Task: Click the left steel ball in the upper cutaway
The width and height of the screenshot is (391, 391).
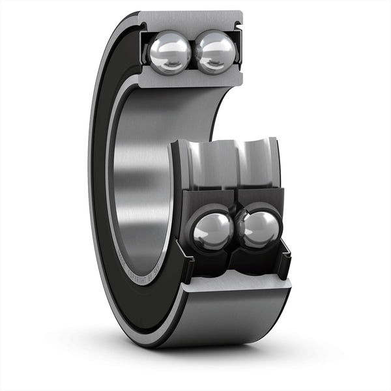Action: click(x=169, y=53)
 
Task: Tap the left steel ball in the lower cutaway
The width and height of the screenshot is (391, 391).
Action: click(x=212, y=231)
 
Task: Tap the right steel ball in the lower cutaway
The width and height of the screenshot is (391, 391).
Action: click(x=259, y=228)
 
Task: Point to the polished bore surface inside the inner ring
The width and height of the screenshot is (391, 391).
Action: click(x=140, y=182)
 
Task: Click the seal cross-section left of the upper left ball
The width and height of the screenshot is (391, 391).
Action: click(x=144, y=49)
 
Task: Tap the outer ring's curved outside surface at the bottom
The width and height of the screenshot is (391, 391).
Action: click(x=222, y=319)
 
